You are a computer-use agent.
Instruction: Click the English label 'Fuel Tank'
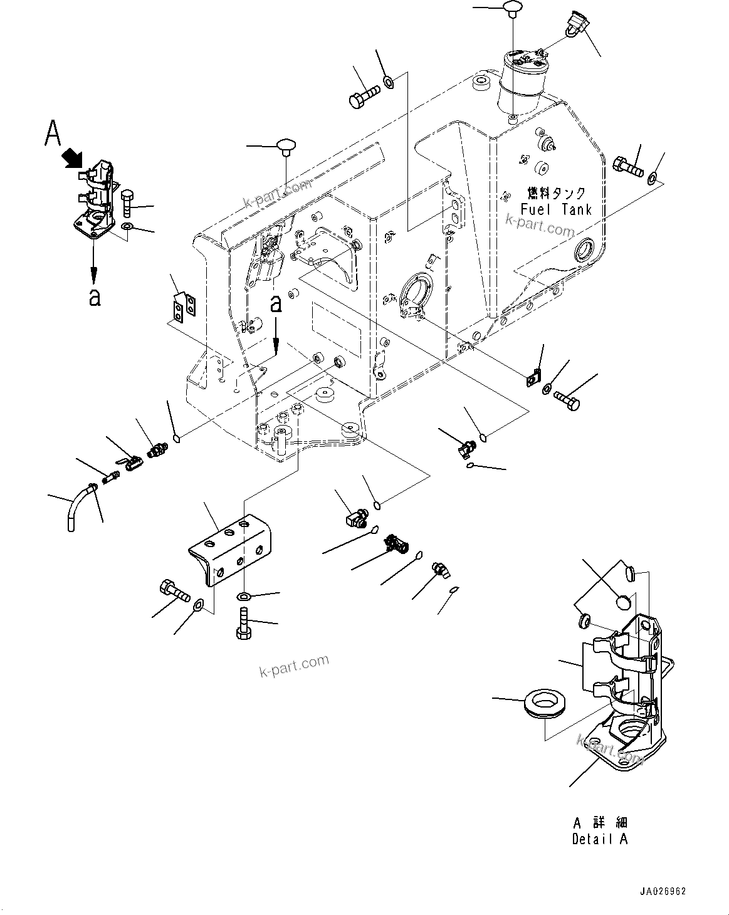tap(556, 210)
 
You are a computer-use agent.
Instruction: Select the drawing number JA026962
tap(663, 891)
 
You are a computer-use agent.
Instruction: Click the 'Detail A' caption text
tap(599, 839)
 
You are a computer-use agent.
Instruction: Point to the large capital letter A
tap(53, 133)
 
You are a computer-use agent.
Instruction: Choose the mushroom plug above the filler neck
tap(513, 8)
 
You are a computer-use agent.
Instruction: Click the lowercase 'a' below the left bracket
tap(94, 297)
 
